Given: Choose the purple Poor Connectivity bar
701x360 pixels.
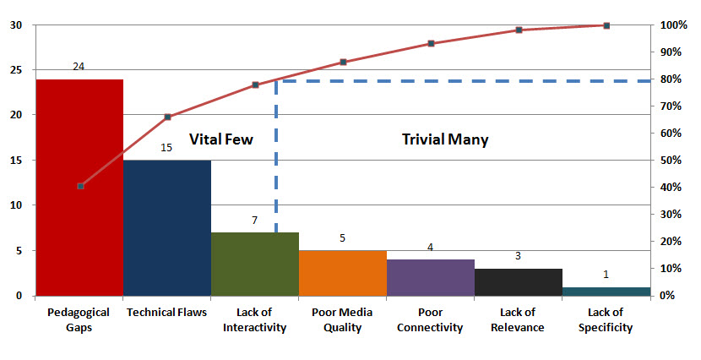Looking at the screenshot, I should [431, 278].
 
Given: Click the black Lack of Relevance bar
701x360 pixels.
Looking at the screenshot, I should [519, 282].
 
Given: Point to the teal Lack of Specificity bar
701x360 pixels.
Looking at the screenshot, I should [606, 292].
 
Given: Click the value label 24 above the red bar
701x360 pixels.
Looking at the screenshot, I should [79, 66].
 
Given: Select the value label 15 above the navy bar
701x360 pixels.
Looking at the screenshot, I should [166, 148].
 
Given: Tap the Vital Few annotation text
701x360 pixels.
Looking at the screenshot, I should [220, 139].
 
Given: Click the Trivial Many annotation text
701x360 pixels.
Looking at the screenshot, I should [444, 139].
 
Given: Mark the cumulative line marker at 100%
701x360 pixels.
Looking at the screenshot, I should [606, 25].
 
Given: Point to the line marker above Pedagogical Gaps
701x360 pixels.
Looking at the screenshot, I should [80, 186].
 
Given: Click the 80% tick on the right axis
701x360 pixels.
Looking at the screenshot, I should [672, 79].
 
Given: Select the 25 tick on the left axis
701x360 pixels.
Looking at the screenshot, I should [16, 70].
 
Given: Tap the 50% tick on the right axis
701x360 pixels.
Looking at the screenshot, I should [672, 161].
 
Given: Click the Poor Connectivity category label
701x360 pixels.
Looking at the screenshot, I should [431, 319].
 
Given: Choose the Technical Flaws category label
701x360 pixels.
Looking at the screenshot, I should [166, 312].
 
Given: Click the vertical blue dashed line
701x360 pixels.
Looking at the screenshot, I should [276, 161].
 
